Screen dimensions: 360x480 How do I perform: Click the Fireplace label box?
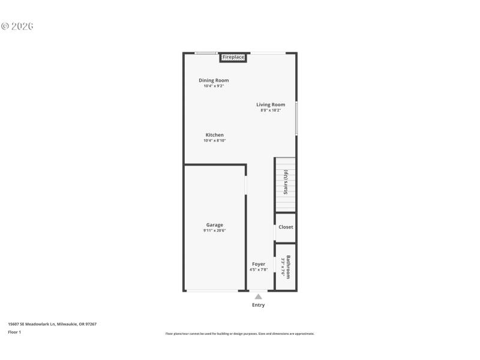tap(233, 58)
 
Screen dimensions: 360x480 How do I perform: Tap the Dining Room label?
tap(214, 80)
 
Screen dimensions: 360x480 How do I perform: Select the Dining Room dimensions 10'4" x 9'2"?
tap(214, 86)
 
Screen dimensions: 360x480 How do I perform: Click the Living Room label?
tap(271, 104)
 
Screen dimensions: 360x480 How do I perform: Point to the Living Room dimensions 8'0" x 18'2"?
tap(271, 110)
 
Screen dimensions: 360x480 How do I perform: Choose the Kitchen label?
tap(215, 135)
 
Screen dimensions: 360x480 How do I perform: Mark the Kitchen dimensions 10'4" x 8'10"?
tap(215, 141)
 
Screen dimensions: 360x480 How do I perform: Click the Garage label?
tap(215, 225)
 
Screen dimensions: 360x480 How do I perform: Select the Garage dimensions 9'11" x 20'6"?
tap(215, 231)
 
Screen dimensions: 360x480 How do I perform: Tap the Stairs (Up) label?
tap(286, 182)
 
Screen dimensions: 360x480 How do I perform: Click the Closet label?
tap(286, 227)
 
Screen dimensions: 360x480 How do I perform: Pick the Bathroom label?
tap(288, 267)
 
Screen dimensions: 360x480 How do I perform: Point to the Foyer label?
tap(259, 264)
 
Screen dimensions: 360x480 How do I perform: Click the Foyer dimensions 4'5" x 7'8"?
tap(259, 270)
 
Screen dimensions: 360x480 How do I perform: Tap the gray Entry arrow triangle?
tap(258, 296)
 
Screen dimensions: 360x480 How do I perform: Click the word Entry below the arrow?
tap(258, 305)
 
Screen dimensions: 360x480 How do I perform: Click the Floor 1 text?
tap(14, 332)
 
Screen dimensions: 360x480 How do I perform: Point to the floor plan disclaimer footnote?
tap(239, 334)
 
